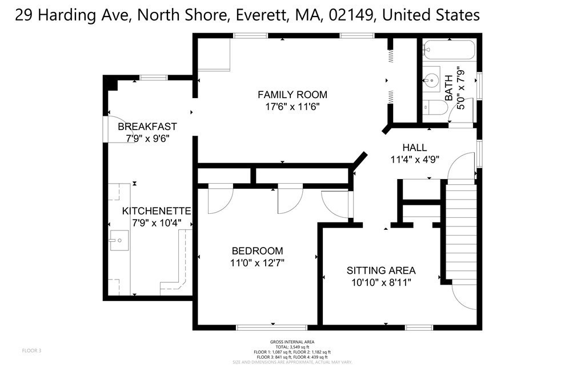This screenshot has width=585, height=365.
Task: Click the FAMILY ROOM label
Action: pyautogui.click(x=292, y=95)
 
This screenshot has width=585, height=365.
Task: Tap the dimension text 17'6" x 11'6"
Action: pyautogui.click(x=292, y=107)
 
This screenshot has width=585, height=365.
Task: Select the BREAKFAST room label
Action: pyautogui.click(x=147, y=127)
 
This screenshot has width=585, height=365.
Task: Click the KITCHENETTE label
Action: pyautogui.click(x=157, y=211)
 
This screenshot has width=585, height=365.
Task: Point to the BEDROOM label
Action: pyautogui.click(x=257, y=251)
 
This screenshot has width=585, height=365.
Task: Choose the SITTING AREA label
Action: pyautogui.click(x=381, y=270)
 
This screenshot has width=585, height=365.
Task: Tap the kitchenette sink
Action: pyautogui.click(x=119, y=241)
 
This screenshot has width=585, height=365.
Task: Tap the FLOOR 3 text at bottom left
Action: pyautogui.click(x=32, y=350)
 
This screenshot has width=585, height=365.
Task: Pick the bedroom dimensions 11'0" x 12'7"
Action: pyautogui.click(x=257, y=263)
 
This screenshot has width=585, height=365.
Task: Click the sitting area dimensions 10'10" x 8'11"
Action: pyautogui.click(x=381, y=282)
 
